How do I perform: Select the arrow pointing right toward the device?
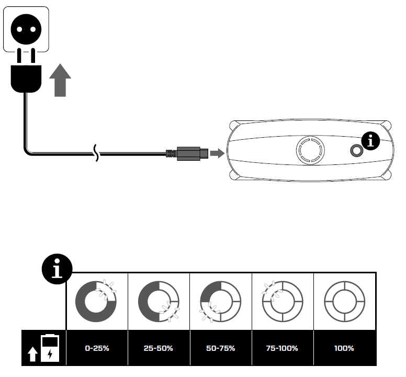pyautogui.click(x=217, y=153)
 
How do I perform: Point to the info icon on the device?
pyautogui.click(x=372, y=140)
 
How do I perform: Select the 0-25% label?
pyautogui.click(x=96, y=348)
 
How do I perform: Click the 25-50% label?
pyautogui.click(x=158, y=348)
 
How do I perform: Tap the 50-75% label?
pyautogui.click(x=220, y=348)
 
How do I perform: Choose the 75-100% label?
pyautogui.click(x=282, y=348)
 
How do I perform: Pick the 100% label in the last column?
pyautogui.click(x=344, y=348)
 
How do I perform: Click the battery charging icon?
pyautogui.click(x=49, y=348)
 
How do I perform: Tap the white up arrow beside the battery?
pyautogui.click(x=32, y=355)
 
